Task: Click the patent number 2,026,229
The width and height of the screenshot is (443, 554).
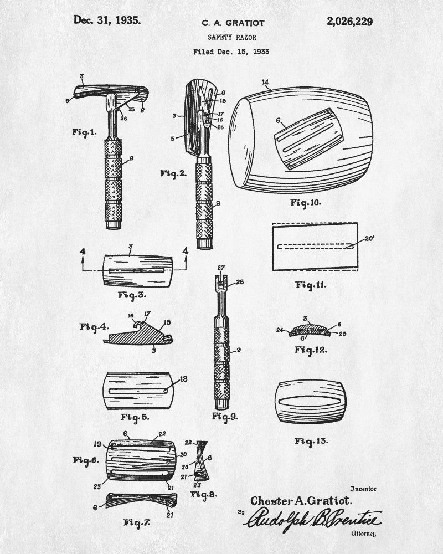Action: coord(349,22)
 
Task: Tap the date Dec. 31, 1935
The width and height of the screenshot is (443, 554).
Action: coord(107,20)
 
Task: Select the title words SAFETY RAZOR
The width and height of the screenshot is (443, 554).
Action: coord(232,37)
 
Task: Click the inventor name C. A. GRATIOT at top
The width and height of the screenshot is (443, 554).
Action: coord(233,23)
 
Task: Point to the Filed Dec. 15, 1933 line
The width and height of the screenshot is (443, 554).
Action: coord(231,52)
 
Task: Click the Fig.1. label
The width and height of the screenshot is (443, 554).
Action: coord(84,132)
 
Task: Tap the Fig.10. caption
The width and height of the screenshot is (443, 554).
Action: coord(306,203)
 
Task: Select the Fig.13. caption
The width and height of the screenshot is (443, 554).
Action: coord(311,441)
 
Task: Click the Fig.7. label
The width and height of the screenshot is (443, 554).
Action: coord(137,522)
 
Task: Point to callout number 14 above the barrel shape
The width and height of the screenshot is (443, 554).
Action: coord(265,83)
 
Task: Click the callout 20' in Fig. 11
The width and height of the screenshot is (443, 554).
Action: coord(369,238)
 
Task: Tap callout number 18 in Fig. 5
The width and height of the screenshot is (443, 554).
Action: coord(183,379)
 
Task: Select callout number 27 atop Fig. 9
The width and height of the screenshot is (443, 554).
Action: coord(221,268)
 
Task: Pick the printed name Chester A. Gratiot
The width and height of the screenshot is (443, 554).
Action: coord(301,501)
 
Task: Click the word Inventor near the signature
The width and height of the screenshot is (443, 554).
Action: coord(363,489)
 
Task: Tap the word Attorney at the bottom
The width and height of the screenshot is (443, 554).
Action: coord(363,534)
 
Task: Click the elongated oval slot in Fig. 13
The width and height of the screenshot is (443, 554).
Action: coord(311,401)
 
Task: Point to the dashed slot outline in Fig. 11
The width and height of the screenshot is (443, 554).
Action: coord(316,247)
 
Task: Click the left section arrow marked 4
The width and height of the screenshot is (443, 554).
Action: coord(83,260)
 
